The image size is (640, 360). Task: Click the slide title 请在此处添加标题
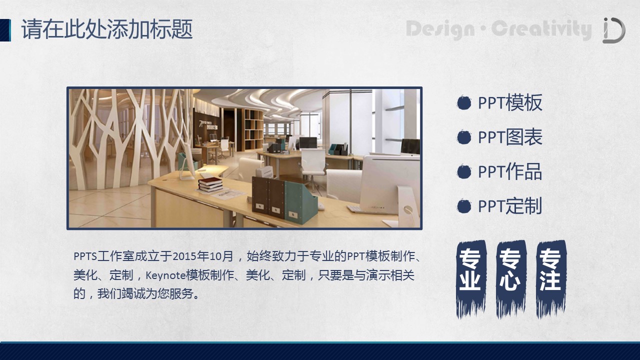107,29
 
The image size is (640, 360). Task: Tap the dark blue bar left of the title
5,30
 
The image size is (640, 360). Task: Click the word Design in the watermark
440,29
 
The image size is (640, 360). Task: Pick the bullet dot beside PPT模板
463,103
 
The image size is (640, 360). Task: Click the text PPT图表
510,137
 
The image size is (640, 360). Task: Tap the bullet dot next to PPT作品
463,171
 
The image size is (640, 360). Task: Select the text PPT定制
510,206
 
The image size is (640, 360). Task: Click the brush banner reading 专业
471,278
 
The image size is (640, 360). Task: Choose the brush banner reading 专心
511,278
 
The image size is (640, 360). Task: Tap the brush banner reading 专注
551,278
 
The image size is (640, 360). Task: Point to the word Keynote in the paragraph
165,275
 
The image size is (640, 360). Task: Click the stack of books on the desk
210,184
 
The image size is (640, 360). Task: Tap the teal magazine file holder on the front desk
300,202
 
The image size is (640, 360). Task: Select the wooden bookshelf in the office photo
253,129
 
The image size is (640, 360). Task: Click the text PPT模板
510,103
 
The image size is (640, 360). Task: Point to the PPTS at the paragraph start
85,256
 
